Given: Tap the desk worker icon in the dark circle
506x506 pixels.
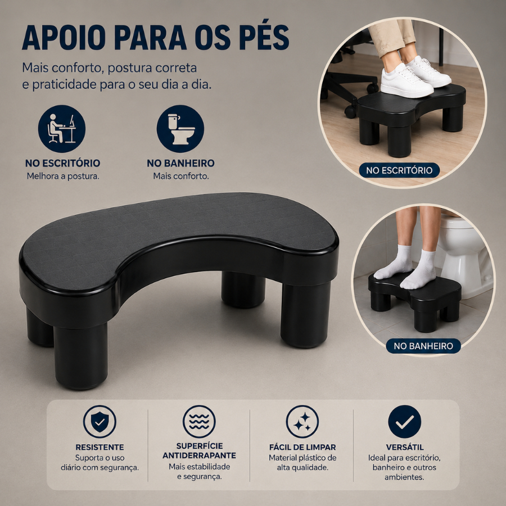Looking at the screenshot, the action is pos(62,128).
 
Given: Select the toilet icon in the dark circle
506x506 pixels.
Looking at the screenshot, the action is pos(180,128).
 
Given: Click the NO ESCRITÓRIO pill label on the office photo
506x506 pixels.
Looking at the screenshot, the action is pos(399,170).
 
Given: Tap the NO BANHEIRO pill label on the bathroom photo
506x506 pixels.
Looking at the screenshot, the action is pos(423,346).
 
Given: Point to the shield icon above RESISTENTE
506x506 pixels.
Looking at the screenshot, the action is pos(100,422).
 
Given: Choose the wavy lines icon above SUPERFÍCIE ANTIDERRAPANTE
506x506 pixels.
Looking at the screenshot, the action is pos(199,422).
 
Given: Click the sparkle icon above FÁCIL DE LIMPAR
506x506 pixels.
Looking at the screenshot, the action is pos(302,422).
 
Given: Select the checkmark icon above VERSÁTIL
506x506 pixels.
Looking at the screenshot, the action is pos(405,422).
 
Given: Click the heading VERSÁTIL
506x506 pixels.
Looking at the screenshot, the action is pos(405,448).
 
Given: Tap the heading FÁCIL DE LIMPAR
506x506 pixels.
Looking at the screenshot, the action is pos(302,448).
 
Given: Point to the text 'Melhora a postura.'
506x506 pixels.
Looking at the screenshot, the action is pos(63,176).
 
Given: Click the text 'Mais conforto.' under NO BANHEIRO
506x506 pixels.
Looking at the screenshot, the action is pos(181,176).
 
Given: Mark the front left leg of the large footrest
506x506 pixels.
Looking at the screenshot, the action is pos(80,356).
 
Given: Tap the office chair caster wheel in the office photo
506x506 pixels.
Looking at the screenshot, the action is pos(351,111).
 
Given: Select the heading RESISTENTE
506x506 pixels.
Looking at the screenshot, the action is pos(100,448).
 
